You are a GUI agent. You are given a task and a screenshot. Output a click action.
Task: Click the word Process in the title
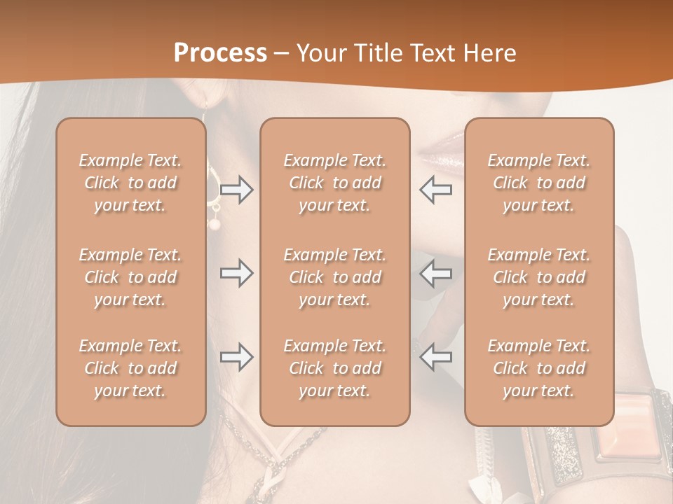[x=220, y=53]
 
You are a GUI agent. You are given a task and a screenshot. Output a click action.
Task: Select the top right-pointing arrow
[x=237, y=190]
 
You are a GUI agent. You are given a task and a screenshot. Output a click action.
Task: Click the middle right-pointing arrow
[x=237, y=273]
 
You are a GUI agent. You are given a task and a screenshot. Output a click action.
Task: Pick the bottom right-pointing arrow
[x=237, y=357]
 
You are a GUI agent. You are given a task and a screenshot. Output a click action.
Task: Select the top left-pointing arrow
[x=435, y=190]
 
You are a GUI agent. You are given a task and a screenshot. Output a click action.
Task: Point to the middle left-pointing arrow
[x=435, y=273]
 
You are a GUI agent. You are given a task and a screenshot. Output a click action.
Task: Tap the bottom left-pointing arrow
[x=435, y=357]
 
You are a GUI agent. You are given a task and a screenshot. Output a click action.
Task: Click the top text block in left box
[x=130, y=183]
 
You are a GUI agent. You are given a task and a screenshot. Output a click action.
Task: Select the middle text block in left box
[x=130, y=277]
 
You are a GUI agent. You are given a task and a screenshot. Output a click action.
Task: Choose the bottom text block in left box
[x=130, y=368]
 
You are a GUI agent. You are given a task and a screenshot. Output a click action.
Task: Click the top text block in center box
[x=334, y=183]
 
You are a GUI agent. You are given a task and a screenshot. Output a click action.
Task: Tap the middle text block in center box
[x=334, y=277]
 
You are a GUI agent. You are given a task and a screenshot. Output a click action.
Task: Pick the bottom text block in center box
[x=334, y=368]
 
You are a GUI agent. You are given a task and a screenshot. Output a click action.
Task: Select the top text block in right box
[x=538, y=183]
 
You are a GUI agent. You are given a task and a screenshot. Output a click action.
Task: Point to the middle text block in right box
[x=538, y=277]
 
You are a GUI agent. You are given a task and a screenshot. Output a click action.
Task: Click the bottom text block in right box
[x=538, y=368]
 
